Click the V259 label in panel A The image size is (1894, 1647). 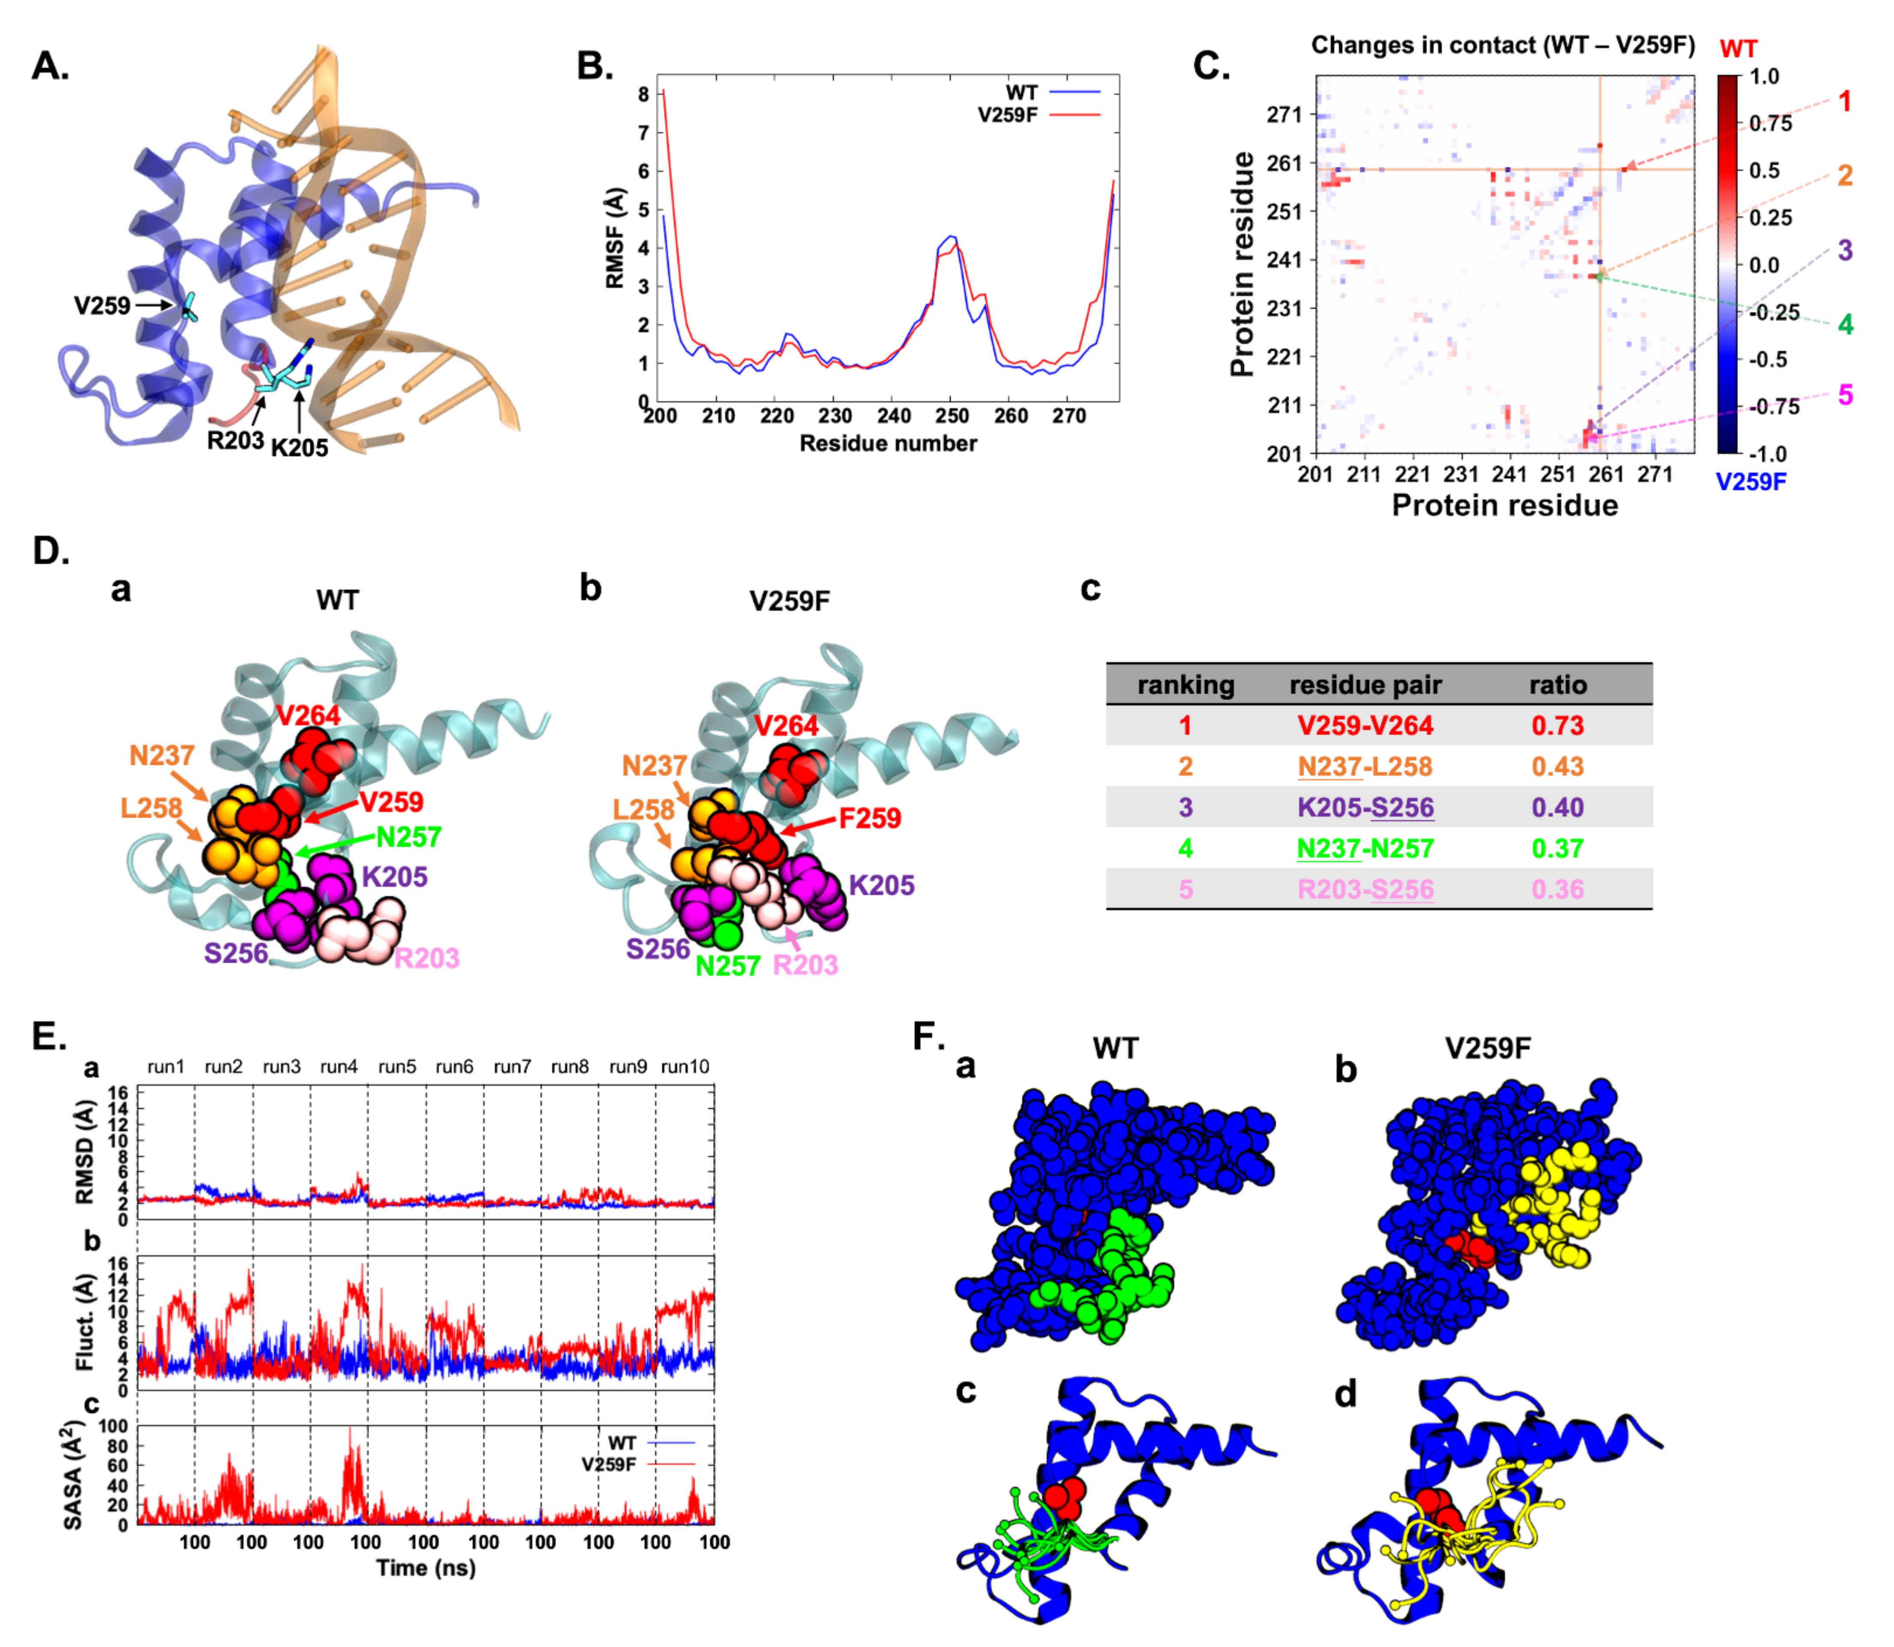(x=101, y=305)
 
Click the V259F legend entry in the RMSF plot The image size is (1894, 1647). (x=1007, y=115)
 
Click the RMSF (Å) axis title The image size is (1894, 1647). (x=615, y=239)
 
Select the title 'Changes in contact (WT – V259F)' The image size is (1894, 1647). (x=1502, y=45)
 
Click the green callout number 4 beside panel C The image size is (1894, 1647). (x=1845, y=324)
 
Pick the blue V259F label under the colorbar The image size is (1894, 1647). (x=1751, y=482)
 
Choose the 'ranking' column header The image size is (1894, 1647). (x=1185, y=685)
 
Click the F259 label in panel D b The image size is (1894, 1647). (x=869, y=818)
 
